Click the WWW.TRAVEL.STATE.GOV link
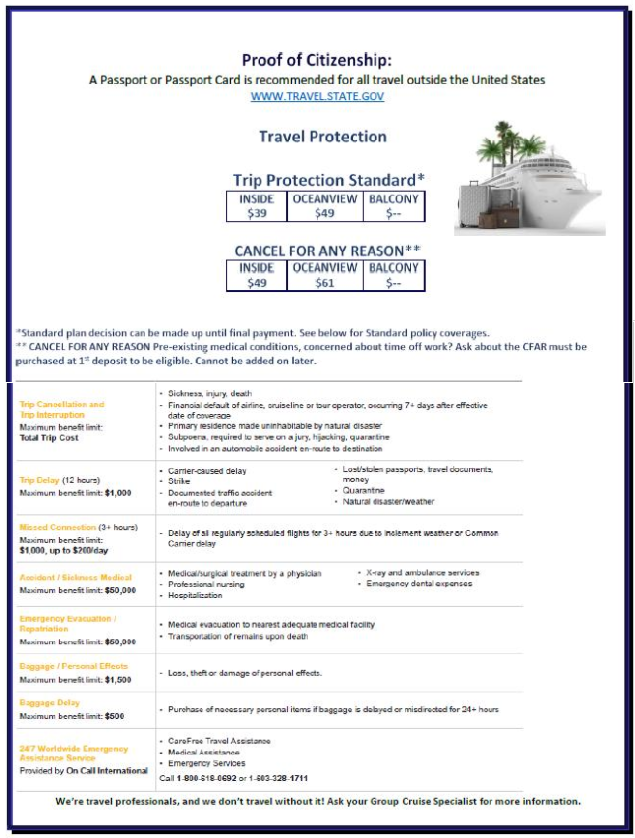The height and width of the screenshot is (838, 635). click(317, 96)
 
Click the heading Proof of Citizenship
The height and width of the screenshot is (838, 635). click(317, 60)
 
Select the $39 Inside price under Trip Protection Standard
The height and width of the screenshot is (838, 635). click(257, 213)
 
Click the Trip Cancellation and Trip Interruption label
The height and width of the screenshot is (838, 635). click(61, 410)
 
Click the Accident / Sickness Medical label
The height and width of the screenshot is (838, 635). click(75, 577)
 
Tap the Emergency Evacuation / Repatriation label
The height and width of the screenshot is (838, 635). click(67, 623)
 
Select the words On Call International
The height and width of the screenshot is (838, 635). click(108, 771)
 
